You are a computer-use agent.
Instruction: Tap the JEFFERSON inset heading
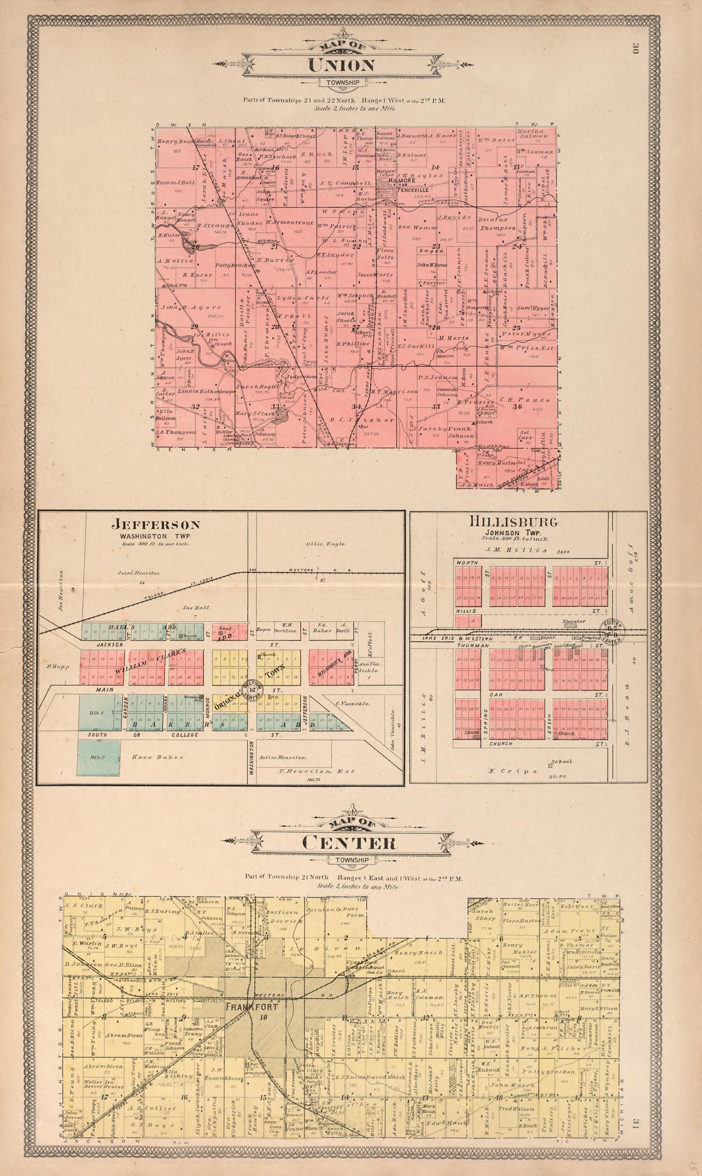coord(156,524)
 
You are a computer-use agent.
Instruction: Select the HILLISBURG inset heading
coord(513,522)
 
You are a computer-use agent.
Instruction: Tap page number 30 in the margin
coord(635,48)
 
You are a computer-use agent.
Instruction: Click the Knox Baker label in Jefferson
coord(157,757)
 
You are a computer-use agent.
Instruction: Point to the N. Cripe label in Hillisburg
coord(512,771)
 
